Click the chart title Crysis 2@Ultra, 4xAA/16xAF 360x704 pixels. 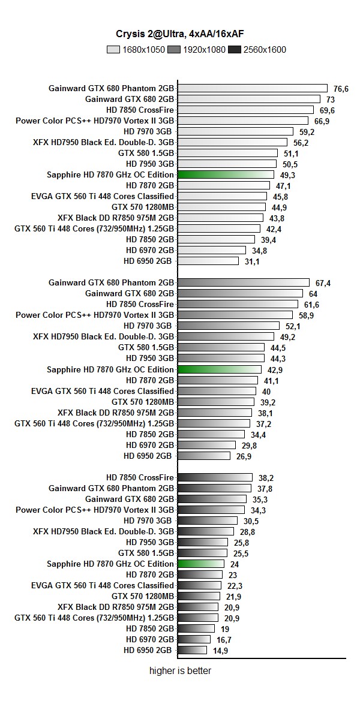click(179, 35)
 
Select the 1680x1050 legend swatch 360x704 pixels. click(113, 50)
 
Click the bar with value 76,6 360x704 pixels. click(252, 88)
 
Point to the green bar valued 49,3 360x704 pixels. click(227, 175)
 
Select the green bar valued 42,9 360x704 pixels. click(220, 369)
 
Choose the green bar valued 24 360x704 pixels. click(201, 564)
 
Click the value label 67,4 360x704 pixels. click(323, 283)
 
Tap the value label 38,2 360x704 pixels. click(266, 478)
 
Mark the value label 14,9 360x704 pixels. click(220, 651)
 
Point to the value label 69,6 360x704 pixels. click(327, 110)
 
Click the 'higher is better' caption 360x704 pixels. click(179, 671)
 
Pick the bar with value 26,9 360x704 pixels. click(204, 456)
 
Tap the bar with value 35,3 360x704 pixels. click(212, 499)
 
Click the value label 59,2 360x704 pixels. click(307, 132)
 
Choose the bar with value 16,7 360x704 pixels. click(194, 639)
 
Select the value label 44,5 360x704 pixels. click(278, 348)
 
